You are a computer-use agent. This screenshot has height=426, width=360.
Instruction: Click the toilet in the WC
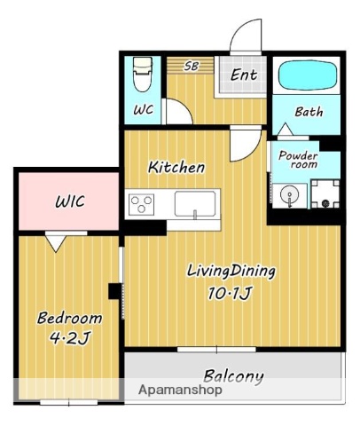143,74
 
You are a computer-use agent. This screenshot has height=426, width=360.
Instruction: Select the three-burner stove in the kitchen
142,204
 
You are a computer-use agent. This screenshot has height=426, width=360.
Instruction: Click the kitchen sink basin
195,204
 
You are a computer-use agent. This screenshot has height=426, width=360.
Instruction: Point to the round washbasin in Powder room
290,195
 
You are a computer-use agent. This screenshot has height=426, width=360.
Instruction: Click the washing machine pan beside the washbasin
325,193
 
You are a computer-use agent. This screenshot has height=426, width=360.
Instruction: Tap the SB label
192,66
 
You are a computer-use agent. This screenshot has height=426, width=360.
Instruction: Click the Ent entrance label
244,75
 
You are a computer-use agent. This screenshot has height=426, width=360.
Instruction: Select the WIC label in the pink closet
70,201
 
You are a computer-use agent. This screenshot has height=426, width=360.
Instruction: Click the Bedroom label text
69,319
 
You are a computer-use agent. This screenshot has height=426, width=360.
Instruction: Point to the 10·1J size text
230,293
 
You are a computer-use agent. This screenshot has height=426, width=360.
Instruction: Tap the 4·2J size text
69,337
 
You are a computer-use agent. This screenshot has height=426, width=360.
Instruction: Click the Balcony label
233,376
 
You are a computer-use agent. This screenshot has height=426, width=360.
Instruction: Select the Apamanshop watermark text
180,390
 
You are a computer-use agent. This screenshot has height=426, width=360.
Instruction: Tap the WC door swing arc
184,106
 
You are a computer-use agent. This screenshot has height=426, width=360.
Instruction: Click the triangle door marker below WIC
56,243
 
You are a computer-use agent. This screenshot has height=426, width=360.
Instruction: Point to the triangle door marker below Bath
286,129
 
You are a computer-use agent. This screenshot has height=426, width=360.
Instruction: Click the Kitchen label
176,167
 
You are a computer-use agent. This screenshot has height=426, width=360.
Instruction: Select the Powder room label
299,160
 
